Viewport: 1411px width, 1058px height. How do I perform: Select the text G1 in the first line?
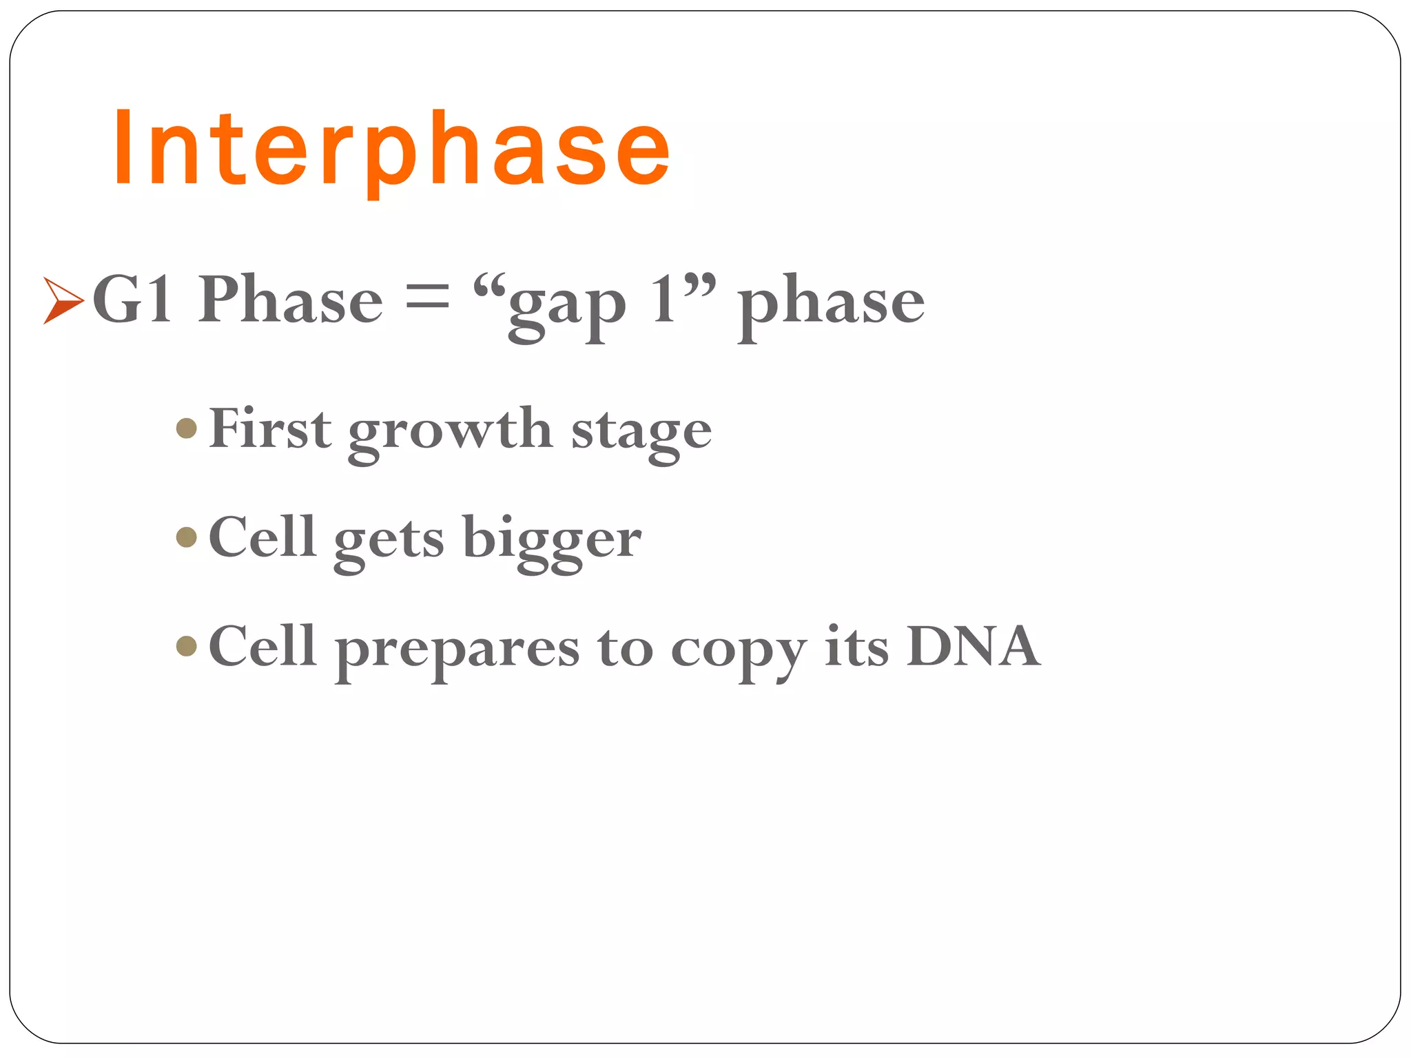(x=132, y=299)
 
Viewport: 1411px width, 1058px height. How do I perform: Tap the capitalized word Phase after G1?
(x=290, y=299)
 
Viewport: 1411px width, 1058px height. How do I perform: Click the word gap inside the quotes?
(x=566, y=307)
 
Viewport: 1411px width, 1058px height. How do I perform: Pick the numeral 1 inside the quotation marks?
(x=665, y=299)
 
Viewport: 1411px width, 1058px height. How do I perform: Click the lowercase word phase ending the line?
(x=831, y=303)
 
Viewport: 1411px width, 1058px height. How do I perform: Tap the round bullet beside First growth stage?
(x=187, y=429)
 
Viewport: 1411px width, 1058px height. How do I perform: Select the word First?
(x=269, y=428)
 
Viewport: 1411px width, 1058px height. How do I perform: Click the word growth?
(x=451, y=433)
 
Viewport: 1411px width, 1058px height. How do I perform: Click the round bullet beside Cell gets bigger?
(x=187, y=537)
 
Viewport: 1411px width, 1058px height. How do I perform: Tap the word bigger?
(x=552, y=541)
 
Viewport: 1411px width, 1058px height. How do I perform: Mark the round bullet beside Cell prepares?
(x=187, y=646)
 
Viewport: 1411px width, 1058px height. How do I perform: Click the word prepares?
(x=457, y=650)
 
